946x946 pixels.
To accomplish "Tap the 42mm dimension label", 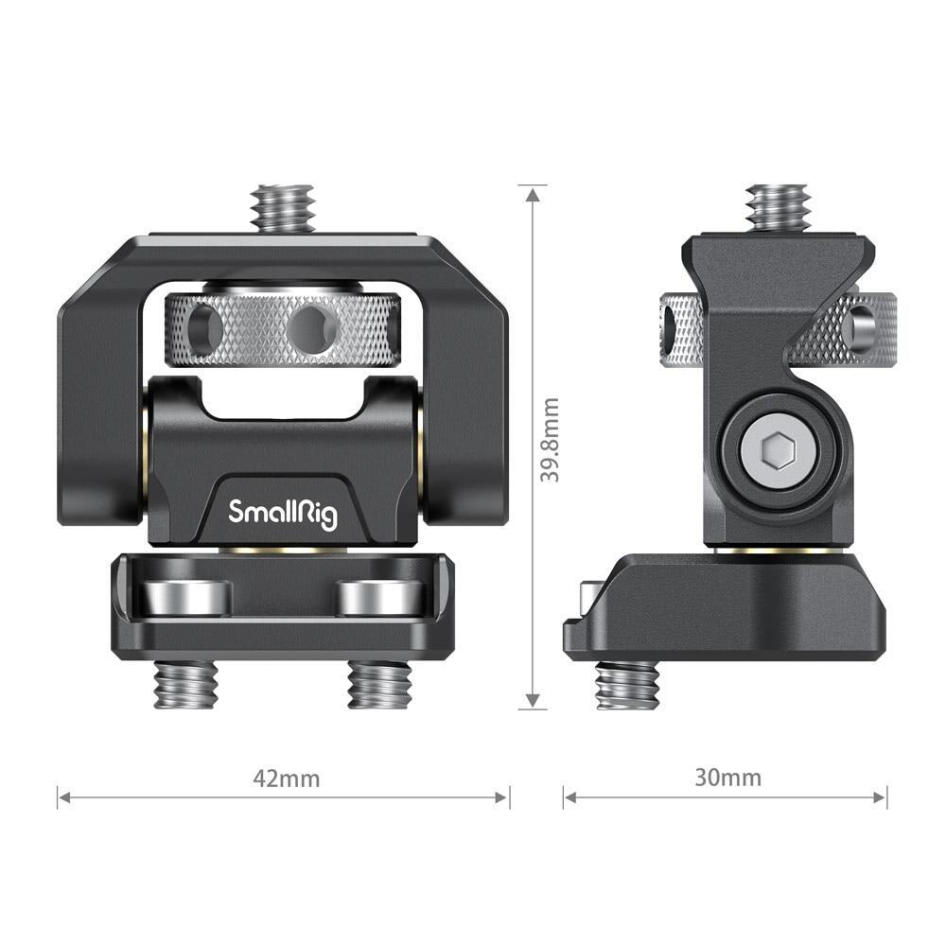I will [286, 780].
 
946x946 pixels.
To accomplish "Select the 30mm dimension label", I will [727, 779].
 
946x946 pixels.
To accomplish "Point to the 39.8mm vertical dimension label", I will [550, 440].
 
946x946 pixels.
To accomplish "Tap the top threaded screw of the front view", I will [283, 208].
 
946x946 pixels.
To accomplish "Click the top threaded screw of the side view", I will [776, 206].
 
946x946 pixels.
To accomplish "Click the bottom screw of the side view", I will [626, 684].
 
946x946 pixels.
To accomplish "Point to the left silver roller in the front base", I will [184, 598].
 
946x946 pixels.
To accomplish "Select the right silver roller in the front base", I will [378, 598].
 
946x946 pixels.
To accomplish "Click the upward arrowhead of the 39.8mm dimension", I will [534, 194].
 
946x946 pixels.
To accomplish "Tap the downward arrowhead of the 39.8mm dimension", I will [534, 700].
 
